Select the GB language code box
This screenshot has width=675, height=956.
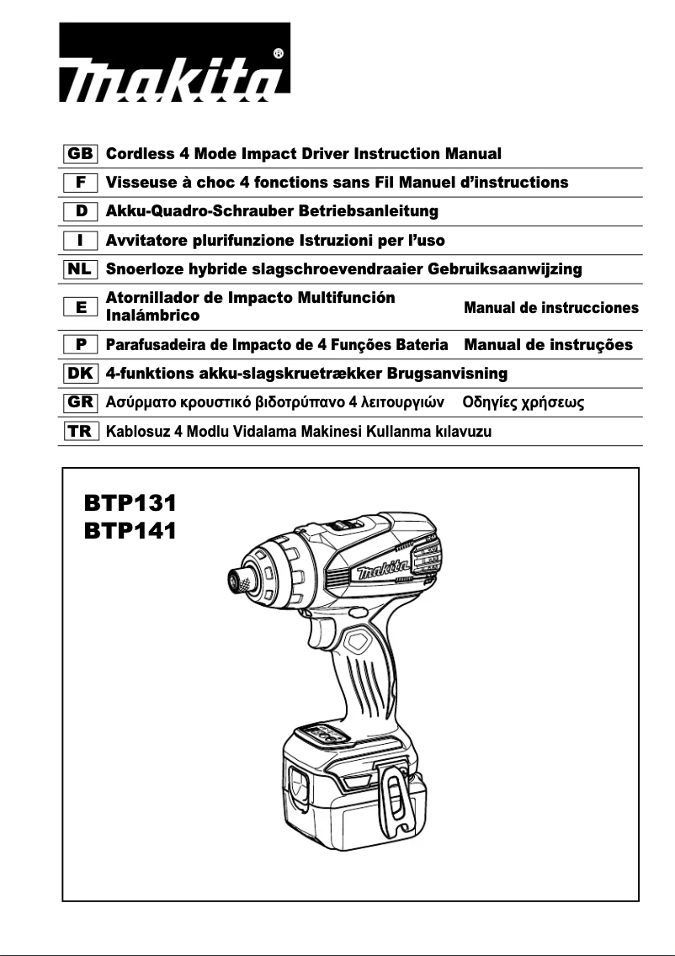tap(81, 154)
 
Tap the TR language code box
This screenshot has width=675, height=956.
tap(81, 432)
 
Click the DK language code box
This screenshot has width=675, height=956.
tap(81, 373)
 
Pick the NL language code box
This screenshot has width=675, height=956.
tap(81, 269)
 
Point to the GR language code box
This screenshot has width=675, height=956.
tap(81, 402)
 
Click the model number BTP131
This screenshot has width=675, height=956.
tap(130, 504)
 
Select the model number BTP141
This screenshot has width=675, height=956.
tap(130, 531)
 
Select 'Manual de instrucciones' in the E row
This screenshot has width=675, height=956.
tap(551, 308)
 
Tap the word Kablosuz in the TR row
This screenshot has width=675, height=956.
tap(136, 432)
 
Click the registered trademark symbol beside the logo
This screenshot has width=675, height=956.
tap(279, 53)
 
